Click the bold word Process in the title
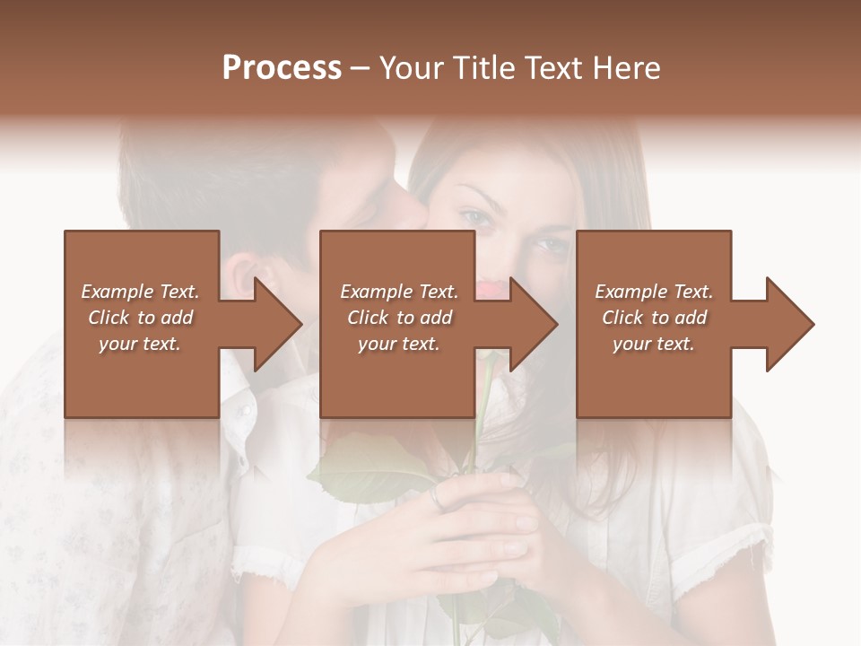(282, 68)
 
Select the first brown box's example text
(140, 318)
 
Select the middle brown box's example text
(399, 318)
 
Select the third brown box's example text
(654, 318)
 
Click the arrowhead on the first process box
(278, 324)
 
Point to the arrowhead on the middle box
(534, 324)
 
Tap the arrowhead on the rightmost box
(790, 324)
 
